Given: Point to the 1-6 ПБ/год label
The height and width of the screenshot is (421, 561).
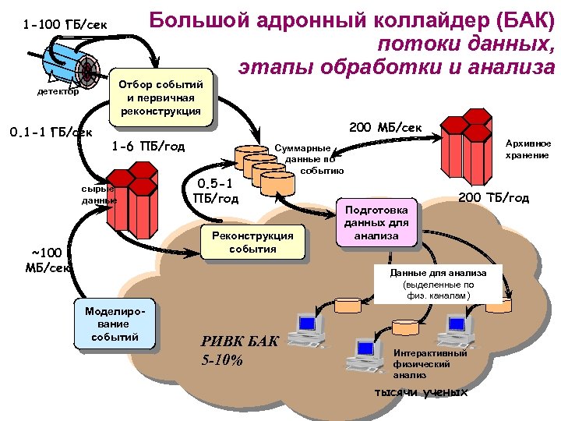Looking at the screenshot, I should click(x=148, y=146).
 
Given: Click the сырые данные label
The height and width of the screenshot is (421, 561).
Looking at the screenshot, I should click(x=98, y=194).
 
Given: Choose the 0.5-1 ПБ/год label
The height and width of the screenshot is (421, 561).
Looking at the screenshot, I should click(x=215, y=191).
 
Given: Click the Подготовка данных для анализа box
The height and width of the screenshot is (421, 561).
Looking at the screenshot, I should click(x=376, y=221).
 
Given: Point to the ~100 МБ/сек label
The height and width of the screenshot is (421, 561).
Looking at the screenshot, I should click(x=48, y=260).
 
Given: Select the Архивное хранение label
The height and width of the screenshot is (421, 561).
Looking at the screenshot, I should click(x=527, y=150).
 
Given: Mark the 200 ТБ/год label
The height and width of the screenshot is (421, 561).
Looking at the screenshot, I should click(x=493, y=198).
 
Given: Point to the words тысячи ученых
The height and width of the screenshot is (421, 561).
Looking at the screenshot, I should click(x=421, y=391).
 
